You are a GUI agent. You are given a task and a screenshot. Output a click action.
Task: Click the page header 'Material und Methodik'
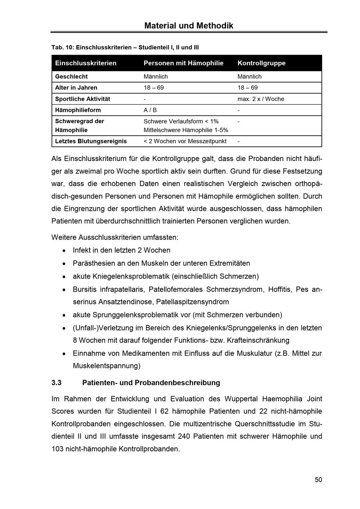tap(189, 26)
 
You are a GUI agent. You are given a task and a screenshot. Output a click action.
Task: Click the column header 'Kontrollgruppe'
tap(261, 63)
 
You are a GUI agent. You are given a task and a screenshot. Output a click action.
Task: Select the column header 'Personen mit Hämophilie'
tap(183, 63)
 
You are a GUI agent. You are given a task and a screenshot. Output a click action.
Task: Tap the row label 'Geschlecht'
tap(71, 77)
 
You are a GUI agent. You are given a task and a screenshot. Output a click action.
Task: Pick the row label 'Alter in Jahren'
tap(76, 88)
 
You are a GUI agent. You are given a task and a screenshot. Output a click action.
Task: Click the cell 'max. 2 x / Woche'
tap(261, 99)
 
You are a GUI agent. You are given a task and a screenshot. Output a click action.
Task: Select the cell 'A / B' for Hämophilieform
tap(150, 110)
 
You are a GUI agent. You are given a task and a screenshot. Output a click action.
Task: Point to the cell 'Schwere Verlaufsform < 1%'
tap(181, 121)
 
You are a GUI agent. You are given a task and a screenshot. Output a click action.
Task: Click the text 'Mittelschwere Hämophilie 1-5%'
tap(186, 130)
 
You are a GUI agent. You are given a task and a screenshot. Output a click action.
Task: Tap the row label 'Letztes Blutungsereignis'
tap(91, 141)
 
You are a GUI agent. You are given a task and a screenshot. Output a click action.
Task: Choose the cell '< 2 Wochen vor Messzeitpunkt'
tap(185, 141)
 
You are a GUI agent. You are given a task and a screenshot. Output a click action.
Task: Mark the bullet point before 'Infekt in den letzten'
tap(64, 251)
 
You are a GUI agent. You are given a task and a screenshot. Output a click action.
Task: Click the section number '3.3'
tap(57, 383)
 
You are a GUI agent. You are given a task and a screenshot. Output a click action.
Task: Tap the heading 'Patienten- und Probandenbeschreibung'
tap(151, 383)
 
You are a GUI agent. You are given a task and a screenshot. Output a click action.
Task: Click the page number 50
tap(318, 480)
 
